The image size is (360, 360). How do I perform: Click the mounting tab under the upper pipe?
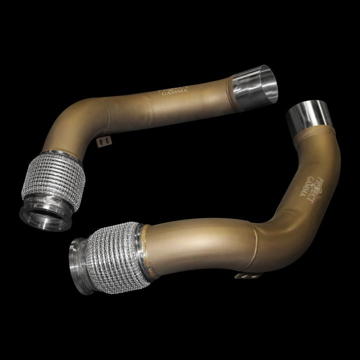point(104,142)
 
